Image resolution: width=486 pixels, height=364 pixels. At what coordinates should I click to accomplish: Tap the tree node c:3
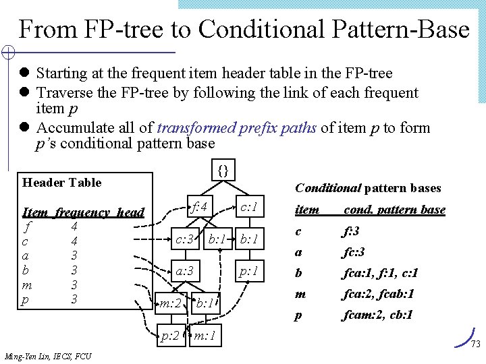pyautogui.click(x=186, y=239)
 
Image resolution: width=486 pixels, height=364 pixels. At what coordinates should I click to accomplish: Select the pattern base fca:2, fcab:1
pyautogui.click(x=379, y=294)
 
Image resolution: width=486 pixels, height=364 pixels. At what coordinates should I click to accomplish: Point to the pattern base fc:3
pyautogui.click(x=354, y=252)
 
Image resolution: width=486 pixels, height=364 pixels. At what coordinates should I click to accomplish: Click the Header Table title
pyautogui.click(x=61, y=183)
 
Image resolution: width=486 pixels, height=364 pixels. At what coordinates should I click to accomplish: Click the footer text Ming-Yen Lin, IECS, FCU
pyautogui.click(x=47, y=356)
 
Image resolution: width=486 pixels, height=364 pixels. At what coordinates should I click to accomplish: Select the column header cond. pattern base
pyautogui.click(x=395, y=210)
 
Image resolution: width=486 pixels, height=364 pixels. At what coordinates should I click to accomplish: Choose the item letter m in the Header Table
pyautogui.click(x=26, y=284)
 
